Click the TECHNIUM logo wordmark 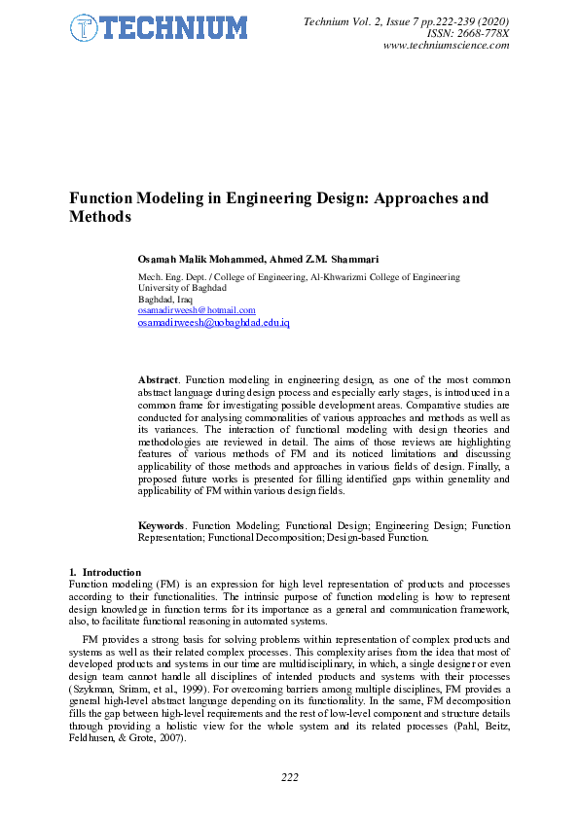[171, 28]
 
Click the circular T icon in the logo [85, 28]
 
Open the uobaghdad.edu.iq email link [214, 322]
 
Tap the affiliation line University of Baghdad [183, 288]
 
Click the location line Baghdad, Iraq [165, 300]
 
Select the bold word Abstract [159, 378]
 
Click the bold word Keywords [163, 526]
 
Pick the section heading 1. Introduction [105, 572]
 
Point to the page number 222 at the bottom [289, 777]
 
